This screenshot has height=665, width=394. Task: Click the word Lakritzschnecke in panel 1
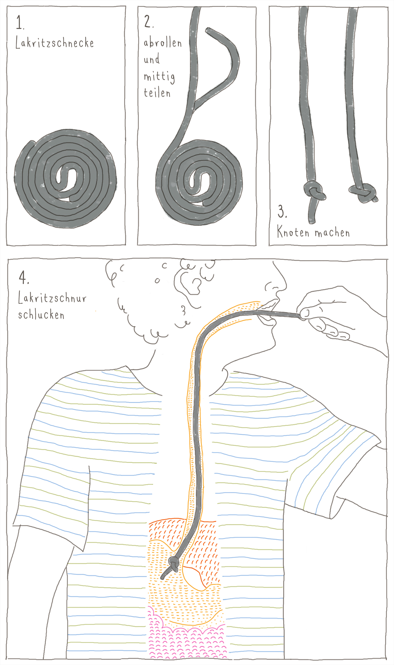pos(55,43)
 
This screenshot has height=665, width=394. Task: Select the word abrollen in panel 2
pos(163,42)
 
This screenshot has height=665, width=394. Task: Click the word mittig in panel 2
pos(159,77)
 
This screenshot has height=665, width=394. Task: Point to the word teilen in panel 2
pos(157,92)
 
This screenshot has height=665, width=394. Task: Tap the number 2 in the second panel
pos(148,21)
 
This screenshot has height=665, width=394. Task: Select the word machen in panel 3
pos(332,233)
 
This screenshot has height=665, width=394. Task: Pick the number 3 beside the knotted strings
pos(282,211)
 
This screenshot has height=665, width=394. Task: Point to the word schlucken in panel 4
pos(41,314)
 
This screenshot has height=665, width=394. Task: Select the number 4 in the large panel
pos(23,277)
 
